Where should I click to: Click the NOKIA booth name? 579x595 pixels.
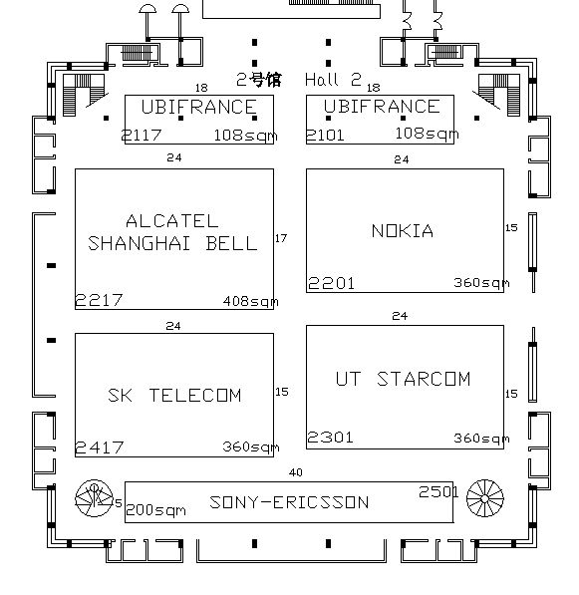pyautogui.click(x=403, y=230)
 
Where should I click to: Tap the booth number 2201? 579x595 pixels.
pyautogui.click(x=331, y=283)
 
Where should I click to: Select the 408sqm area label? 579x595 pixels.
pyautogui.click(x=251, y=301)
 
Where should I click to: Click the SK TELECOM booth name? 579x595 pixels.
pyautogui.click(x=174, y=396)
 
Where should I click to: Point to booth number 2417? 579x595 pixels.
pyautogui.click(x=100, y=447)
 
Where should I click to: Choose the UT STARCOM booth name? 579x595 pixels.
pyautogui.click(x=403, y=379)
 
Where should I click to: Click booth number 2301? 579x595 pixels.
pyautogui.click(x=330, y=438)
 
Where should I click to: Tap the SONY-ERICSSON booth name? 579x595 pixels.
pyautogui.click(x=289, y=502)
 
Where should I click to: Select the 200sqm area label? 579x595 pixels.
pyautogui.click(x=155, y=510)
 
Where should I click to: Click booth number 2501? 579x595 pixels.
pyautogui.click(x=438, y=491)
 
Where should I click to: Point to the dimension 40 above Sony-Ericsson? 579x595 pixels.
pyautogui.click(x=296, y=472)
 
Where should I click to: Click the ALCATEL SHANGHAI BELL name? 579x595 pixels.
pyautogui.click(x=172, y=232)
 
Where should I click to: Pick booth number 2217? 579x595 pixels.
pyautogui.click(x=99, y=301)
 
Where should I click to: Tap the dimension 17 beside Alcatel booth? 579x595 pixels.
pyautogui.click(x=281, y=238)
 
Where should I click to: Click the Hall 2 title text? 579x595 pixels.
pyautogui.click(x=333, y=80)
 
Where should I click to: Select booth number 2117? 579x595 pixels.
pyautogui.click(x=142, y=136)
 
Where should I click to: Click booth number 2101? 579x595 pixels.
pyautogui.click(x=325, y=136)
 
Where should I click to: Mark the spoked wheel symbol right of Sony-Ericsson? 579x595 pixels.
pyautogui.click(x=485, y=498)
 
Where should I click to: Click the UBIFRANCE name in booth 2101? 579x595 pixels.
pyautogui.click(x=382, y=107)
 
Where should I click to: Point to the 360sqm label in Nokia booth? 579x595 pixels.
pyautogui.click(x=481, y=283)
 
